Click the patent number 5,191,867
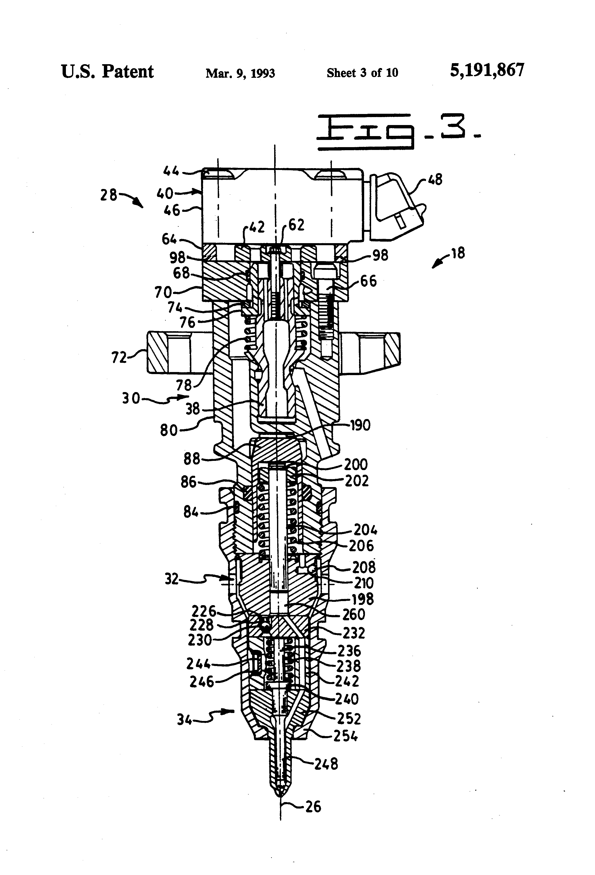pyautogui.click(x=487, y=70)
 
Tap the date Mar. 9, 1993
pyautogui.click(x=240, y=73)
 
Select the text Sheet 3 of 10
pyautogui.click(x=362, y=73)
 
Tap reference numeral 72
pyautogui.click(x=119, y=357)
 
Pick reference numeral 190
pyautogui.click(x=360, y=425)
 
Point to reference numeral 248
pyautogui.click(x=326, y=764)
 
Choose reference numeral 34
pyautogui.click(x=184, y=720)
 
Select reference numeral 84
pyautogui.click(x=191, y=512)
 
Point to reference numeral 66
pyautogui.click(x=368, y=281)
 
